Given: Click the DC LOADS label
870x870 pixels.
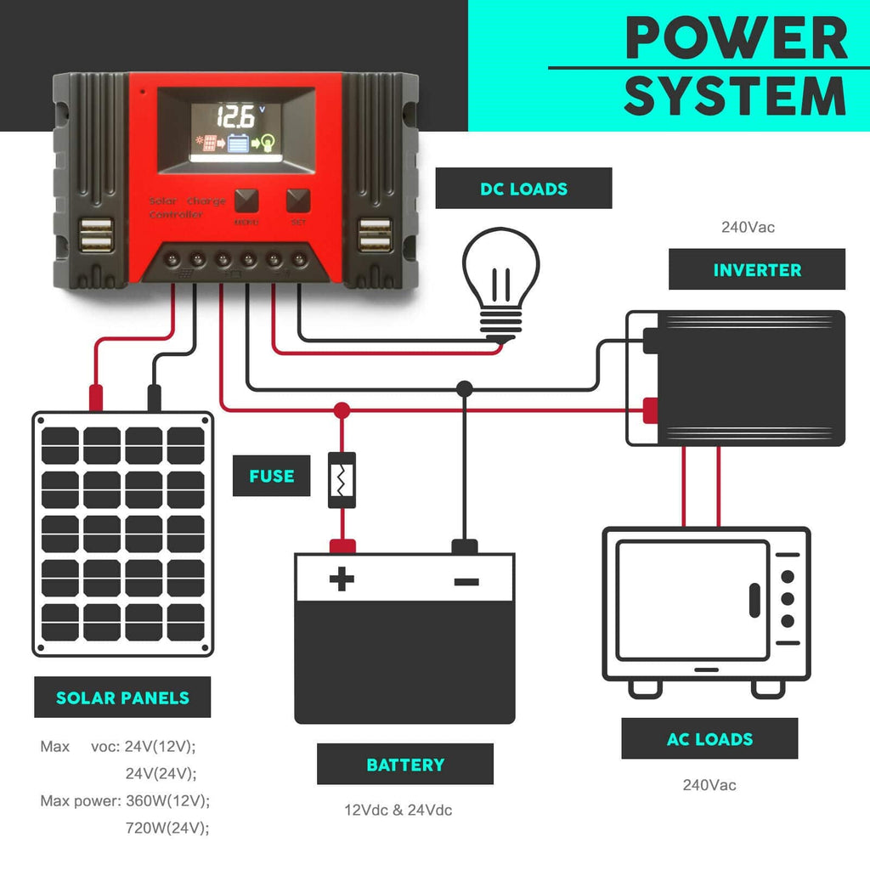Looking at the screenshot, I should pyautogui.click(x=523, y=189).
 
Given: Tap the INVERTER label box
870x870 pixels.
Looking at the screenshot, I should pyautogui.click(x=756, y=270).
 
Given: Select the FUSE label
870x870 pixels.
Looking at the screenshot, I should pyautogui.click(x=271, y=476).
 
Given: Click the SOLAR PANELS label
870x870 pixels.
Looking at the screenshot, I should pyautogui.click(x=122, y=698).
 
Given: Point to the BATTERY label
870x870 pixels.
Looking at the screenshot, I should pyautogui.click(x=404, y=765).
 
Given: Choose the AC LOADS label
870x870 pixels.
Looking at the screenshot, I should pyautogui.click(x=709, y=739).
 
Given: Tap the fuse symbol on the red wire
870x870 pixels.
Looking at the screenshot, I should pyautogui.click(x=342, y=481).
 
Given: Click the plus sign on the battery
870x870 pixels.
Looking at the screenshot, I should pyautogui.click(x=342, y=580).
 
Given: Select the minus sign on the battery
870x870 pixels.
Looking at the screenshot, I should pyautogui.click(x=466, y=581).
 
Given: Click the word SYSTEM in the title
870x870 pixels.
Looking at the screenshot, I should pyautogui.click(x=736, y=96).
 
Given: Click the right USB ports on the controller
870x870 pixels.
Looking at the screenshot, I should pyautogui.click(x=375, y=235).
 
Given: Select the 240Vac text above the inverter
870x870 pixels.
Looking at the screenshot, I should pyautogui.click(x=748, y=228).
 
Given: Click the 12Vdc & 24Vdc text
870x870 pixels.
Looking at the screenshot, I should pyautogui.click(x=398, y=810).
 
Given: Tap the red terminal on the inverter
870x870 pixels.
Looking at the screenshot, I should pyautogui.click(x=650, y=411).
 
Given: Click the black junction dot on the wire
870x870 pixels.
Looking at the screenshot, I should pyautogui.click(x=464, y=389).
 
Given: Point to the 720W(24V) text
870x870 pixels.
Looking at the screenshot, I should pyautogui.click(x=167, y=828).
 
